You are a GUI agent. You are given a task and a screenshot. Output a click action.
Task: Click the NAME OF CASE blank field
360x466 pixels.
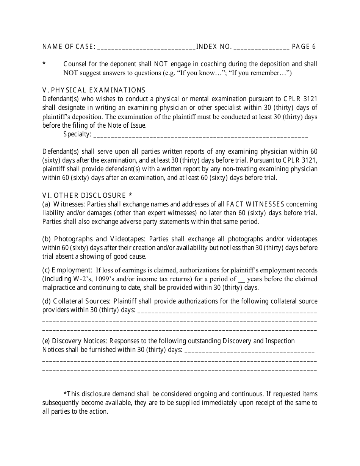coord(146,47)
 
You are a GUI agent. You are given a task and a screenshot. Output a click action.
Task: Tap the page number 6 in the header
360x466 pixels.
coord(314,47)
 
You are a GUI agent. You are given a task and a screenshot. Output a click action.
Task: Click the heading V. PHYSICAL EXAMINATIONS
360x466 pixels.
coord(94,90)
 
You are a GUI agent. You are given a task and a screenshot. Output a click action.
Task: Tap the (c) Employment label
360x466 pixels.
coord(67,270)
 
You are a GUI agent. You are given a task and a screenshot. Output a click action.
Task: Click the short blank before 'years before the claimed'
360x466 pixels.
coord(241,280)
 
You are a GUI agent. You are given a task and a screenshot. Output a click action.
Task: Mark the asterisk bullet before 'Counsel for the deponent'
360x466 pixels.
coord(44,64)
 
